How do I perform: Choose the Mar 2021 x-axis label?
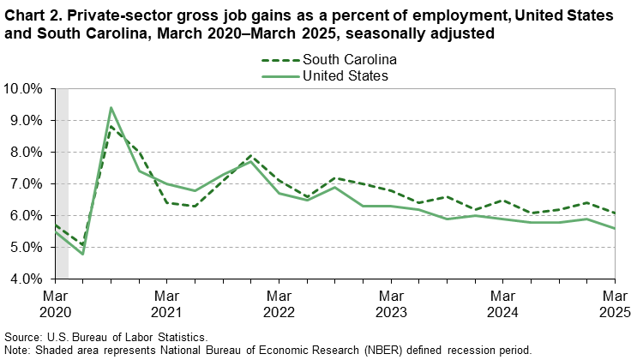point(167,303)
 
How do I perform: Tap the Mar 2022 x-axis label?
point(279,303)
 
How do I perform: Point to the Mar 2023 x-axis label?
point(391,303)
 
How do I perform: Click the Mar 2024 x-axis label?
point(503,303)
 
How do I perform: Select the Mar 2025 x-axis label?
point(614,303)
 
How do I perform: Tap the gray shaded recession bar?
point(62,183)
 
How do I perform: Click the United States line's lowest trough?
point(83,254)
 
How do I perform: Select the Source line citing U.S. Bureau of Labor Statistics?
point(105,337)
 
